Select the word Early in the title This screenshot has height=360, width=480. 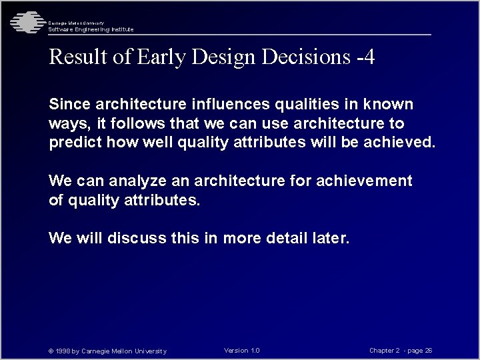(x=161, y=57)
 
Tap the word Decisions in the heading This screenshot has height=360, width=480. (x=306, y=57)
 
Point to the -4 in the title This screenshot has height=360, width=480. (x=365, y=57)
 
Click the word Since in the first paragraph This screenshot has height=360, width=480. (x=70, y=105)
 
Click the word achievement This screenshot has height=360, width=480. (x=365, y=181)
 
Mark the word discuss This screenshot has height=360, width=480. (x=136, y=238)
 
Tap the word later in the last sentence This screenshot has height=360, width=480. (x=330, y=238)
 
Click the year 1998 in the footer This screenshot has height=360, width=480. (x=63, y=351)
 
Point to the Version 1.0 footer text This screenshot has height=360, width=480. (x=242, y=351)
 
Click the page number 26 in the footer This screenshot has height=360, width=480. (x=429, y=351)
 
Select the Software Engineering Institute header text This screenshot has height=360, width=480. (x=91, y=29)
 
